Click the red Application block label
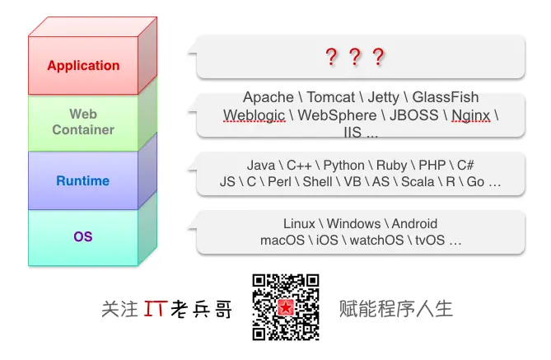[x=83, y=66]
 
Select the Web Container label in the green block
[x=83, y=122]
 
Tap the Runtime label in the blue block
[x=82, y=180]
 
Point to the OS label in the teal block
[x=83, y=237]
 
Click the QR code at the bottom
[x=286, y=307]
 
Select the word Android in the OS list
[x=414, y=224]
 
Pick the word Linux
[x=300, y=224]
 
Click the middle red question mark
[x=355, y=58]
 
